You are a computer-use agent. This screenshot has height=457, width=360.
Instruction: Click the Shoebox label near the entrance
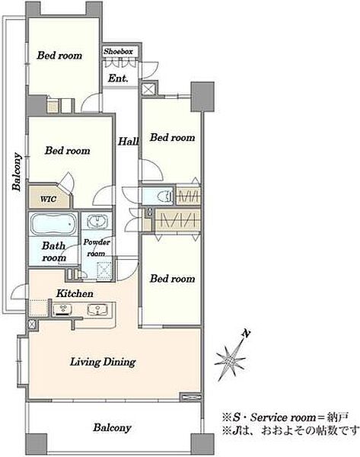(x=118, y=52)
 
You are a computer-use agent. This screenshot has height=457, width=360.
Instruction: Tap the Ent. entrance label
(x=118, y=78)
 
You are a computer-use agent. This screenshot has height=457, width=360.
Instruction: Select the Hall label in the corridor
(x=128, y=142)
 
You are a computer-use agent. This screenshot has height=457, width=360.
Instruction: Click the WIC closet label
(x=49, y=200)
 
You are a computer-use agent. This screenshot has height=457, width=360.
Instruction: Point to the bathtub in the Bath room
(x=53, y=224)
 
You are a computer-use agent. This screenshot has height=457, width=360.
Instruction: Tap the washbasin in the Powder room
(x=97, y=222)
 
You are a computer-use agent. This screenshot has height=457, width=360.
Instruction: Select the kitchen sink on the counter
(x=97, y=309)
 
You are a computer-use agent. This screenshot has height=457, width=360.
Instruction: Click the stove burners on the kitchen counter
(x=63, y=309)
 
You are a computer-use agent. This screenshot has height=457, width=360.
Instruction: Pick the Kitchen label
(x=75, y=293)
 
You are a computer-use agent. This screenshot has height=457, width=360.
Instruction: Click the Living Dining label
(x=103, y=362)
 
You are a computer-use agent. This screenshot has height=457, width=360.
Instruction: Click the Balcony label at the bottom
(x=112, y=428)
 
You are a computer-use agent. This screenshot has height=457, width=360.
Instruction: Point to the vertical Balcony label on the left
(x=17, y=171)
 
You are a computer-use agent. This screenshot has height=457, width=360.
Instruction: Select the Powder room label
(x=97, y=248)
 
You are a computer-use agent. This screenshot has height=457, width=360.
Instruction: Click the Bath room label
(x=54, y=252)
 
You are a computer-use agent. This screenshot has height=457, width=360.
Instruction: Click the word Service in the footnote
(x=269, y=417)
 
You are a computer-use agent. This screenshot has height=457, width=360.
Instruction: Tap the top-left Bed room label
(x=59, y=56)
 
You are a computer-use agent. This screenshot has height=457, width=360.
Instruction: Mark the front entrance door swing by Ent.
(x=149, y=70)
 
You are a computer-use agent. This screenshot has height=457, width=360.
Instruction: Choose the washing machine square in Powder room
(x=104, y=270)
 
